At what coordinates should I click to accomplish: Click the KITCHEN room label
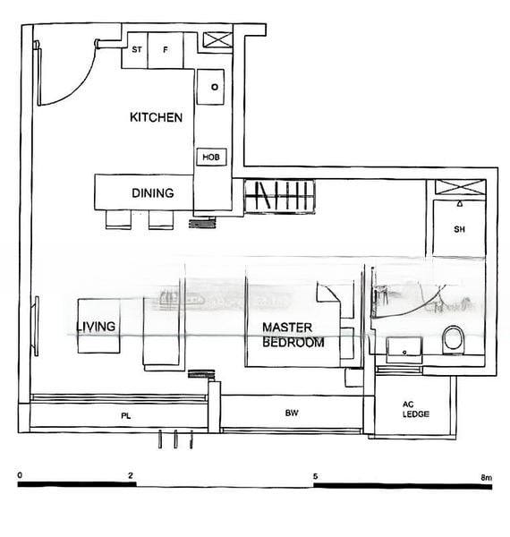pos(157,117)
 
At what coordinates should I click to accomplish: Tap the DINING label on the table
pos(152,192)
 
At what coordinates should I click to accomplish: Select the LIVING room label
pos(96,327)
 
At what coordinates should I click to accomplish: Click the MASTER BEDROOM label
pos(293,335)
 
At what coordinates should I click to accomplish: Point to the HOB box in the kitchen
pos(210,158)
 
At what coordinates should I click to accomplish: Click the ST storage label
pos(136,50)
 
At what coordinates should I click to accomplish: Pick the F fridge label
pos(166,50)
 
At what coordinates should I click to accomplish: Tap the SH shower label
pos(459,229)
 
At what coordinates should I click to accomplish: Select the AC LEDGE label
pos(415,408)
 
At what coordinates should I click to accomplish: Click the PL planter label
pos(126,416)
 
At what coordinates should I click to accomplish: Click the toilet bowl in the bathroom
pos(453,339)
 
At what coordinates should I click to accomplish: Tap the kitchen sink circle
pos(214,87)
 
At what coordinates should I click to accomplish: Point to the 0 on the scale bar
pos(21,476)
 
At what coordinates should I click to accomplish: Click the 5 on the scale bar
pos(315,476)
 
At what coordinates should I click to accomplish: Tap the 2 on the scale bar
pos(131,476)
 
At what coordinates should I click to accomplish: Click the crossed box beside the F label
pos(216,40)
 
